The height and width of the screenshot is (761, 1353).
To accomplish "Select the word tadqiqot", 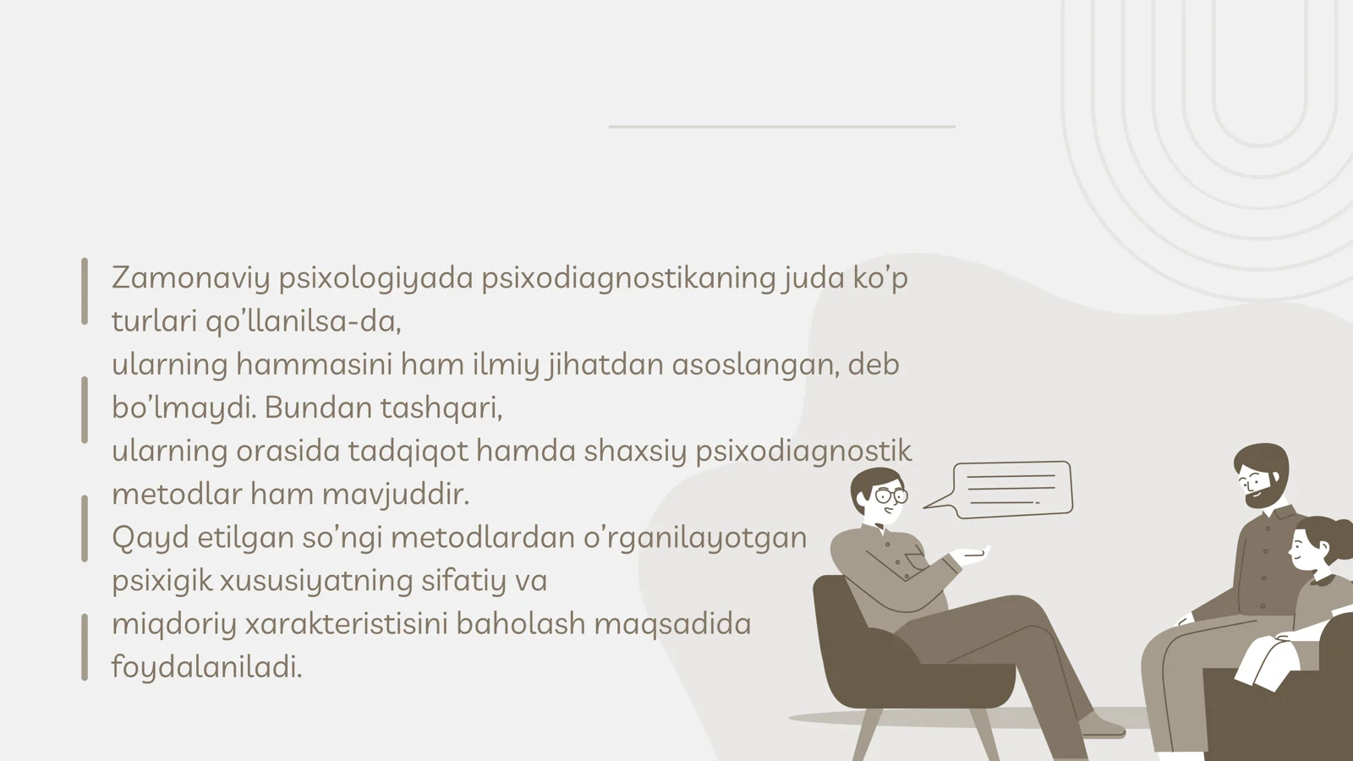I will point(408,451).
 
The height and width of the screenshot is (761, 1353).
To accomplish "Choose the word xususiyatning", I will point(316,581).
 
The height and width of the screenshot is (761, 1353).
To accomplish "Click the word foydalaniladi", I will point(206,667).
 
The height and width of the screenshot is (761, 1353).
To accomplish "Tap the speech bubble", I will point(1011,488).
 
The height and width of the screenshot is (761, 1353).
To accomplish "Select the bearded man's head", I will point(1261,474).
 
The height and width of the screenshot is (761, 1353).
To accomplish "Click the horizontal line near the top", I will point(781,127).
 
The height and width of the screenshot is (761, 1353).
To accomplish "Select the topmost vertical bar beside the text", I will point(85,291).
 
